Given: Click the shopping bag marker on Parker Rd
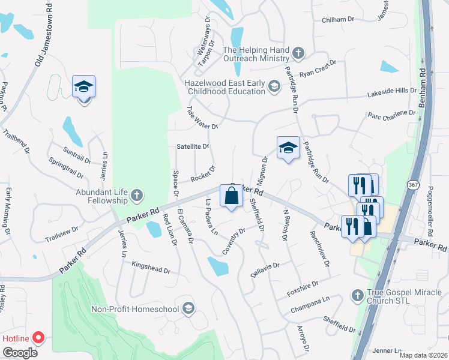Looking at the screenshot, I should pos(231,196).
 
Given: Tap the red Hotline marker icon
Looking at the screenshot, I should pos(39,337).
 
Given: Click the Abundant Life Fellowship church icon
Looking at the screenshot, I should pos(137,195).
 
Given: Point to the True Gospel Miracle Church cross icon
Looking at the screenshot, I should pos(358,295).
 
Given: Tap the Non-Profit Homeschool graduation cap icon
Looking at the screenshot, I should pos(188,309).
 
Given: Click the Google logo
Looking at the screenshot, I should pos(20,353).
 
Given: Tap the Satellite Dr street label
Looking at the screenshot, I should pos(193,146).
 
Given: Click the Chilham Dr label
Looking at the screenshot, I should pos(339,19).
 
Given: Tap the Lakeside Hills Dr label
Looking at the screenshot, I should pos(392,92).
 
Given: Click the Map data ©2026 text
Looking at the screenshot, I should pos(423,355).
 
